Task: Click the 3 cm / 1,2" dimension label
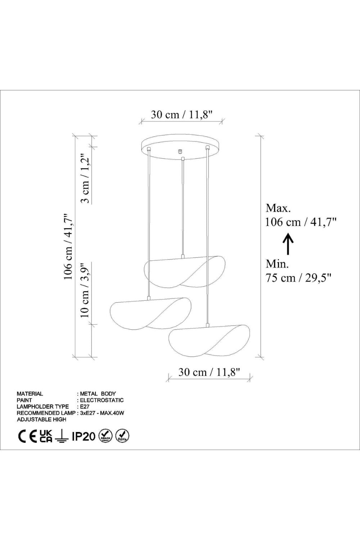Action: click(x=86, y=178)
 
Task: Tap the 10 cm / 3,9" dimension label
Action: click(x=86, y=290)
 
